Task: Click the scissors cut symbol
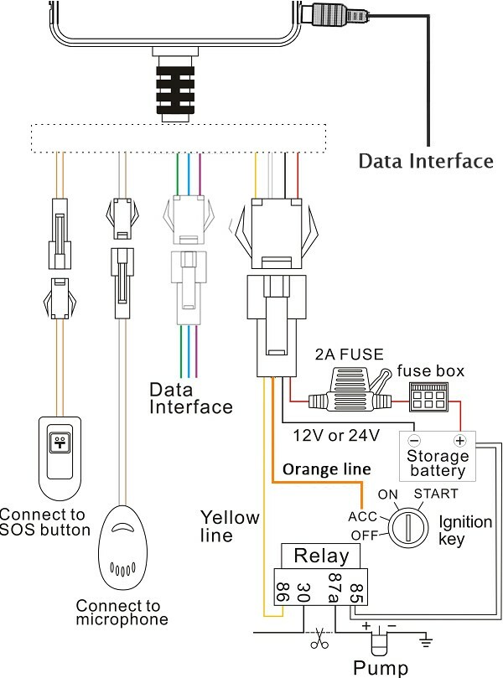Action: click(319, 637)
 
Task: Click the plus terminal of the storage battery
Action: click(459, 440)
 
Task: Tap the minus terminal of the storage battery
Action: click(412, 440)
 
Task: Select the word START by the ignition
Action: click(436, 493)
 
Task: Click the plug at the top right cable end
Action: click(340, 15)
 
